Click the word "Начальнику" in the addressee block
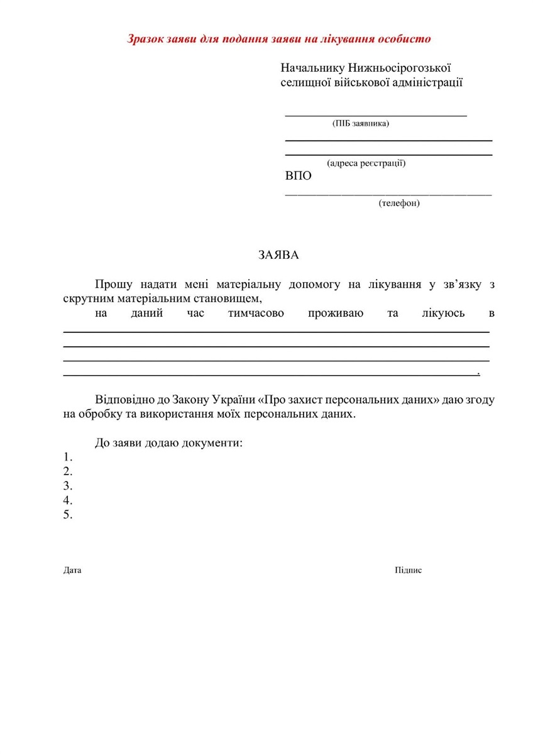[312, 67]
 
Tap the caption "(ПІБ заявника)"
[361, 124]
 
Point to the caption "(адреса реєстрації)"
[366, 163]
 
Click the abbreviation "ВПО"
[299, 176]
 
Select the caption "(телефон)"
[399, 203]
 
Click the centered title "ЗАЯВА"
[279, 255]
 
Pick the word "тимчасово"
[256, 313]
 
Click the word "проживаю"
[336, 313]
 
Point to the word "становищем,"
[229, 298]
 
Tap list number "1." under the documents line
[68, 457]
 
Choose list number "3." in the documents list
[68, 486]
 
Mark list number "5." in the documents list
[68, 515]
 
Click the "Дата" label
[72, 571]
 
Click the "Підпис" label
[408, 571]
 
